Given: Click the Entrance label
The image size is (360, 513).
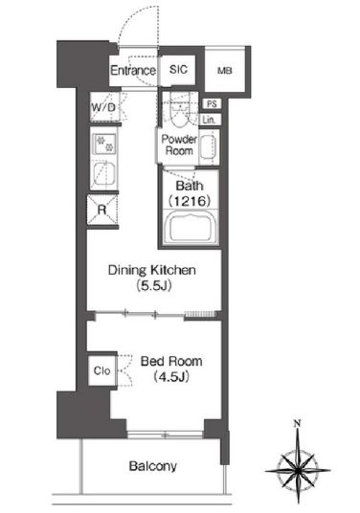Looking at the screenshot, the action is (133, 70).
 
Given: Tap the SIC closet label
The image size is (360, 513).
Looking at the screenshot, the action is (179, 69).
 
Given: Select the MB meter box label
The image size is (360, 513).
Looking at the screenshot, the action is (225, 70).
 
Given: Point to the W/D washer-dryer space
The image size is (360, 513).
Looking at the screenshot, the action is (103, 107).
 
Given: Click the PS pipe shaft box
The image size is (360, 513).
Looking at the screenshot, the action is (212, 103).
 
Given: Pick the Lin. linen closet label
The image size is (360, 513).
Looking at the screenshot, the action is (210, 120).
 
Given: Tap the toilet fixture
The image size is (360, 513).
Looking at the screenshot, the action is (180, 113).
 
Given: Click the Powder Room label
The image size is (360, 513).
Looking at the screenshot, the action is (179, 145).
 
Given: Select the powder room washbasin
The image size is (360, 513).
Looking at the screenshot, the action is (209, 146).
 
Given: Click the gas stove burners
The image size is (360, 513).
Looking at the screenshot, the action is (104, 144).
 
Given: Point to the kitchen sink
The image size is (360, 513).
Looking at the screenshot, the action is (104, 175).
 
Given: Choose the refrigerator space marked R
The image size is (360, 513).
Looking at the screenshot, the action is (102, 210).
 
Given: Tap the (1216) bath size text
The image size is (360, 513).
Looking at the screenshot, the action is (190, 201).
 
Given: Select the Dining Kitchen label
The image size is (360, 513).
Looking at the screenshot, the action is (152, 270).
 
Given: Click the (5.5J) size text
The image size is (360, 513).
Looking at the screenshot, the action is (153, 286).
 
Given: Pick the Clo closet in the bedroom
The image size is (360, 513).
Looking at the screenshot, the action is (102, 370).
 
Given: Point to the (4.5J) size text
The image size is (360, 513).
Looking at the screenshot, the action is (171, 377).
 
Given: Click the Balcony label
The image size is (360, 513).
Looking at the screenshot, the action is (153, 466).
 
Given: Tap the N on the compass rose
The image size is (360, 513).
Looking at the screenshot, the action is (297, 424).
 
